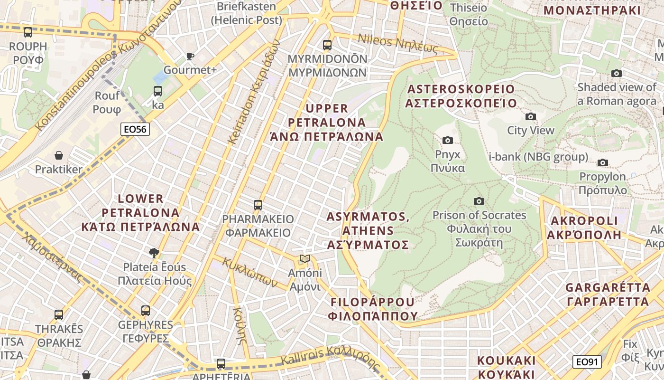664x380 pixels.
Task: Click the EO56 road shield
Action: [x=135, y=129]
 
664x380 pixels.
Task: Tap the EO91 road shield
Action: [x=587, y=362]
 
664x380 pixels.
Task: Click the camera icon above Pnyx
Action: [x=447, y=140]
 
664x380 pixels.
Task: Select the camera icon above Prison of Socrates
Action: [x=479, y=201]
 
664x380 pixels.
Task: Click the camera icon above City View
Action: [x=531, y=116]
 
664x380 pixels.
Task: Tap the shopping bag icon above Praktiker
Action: [x=59, y=155]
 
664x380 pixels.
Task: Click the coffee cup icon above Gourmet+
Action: [x=190, y=57]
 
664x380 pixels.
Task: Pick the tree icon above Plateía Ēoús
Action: [x=154, y=253]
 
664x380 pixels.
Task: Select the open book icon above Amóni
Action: [x=305, y=259]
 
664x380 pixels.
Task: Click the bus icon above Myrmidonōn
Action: [x=327, y=45]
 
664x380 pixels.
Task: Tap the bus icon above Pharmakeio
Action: [x=258, y=205]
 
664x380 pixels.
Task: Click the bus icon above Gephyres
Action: [x=146, y=311]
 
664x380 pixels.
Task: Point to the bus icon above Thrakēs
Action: [x=59, y=314]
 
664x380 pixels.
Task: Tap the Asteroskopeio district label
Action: [x=461, y=96]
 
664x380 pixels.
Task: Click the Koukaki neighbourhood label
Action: [x=507, y=367]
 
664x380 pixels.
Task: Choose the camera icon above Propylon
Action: [x=603, y=162]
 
